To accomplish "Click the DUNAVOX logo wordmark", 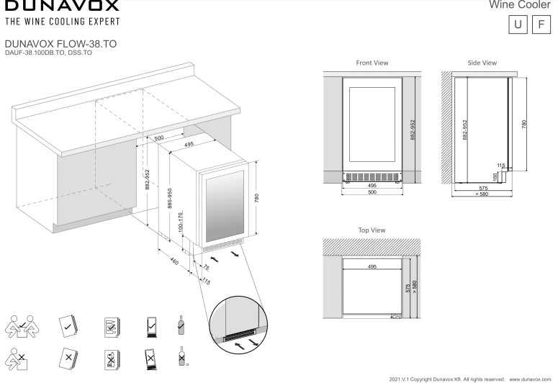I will click(x=61, y=6).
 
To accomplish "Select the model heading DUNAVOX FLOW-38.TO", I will click(x=60, y=44).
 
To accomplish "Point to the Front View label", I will click(x=372, y=63).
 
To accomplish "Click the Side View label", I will click(x=482, y=63).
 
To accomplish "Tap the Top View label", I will click(x=372, y=230).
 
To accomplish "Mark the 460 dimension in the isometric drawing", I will click(x=174, y=261).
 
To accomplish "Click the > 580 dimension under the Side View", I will click(x=482, y=194).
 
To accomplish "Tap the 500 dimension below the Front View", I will click(x=372, y=193).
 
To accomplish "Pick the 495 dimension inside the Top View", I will click(x=372, y=267).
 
